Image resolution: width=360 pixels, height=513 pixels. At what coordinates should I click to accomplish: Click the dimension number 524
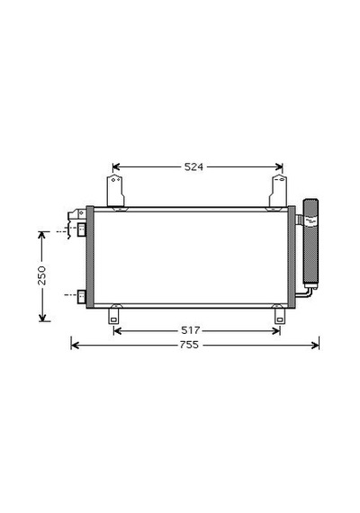coord(193,167)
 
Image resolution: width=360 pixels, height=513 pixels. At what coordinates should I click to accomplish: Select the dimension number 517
coord(191,330)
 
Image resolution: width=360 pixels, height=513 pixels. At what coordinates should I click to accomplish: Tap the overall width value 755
coord(190,345)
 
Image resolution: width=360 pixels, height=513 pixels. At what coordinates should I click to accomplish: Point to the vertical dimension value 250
coord(42,275)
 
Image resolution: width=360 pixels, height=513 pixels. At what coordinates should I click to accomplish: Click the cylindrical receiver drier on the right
coord(310,244)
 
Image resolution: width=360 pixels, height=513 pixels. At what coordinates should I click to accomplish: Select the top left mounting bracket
coord(115,193)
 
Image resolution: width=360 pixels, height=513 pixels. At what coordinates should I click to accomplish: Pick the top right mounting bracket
coord(278,193)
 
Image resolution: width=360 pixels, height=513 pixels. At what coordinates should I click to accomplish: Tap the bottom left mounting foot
coord(114,314)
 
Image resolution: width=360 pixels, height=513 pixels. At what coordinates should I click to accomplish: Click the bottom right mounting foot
coord(280,314)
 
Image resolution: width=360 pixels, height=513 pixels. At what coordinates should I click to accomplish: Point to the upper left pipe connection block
coord(81,229)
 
